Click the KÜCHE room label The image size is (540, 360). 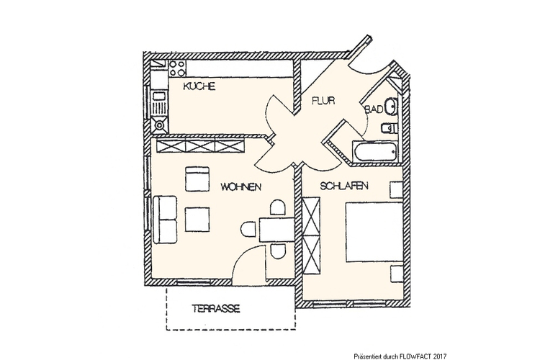point(199,86)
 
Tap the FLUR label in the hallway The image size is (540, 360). point(323,101)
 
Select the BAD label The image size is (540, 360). point(374,109)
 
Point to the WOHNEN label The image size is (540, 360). point(240,186)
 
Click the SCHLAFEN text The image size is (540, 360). point(344,186)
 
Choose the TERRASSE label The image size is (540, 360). point(216,308)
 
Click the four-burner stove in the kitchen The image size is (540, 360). point(177,68)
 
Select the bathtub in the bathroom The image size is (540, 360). point(375,151)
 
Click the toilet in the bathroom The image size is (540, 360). point(389,128)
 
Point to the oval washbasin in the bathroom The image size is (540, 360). point(392,107)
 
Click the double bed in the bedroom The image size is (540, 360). point(374,232)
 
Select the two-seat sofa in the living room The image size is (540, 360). point(165,220)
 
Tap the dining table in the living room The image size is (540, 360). point(276,230)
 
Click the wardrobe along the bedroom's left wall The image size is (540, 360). point(311,235)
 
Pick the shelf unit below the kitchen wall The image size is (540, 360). point(200,145)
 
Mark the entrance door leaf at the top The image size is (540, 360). point(359,46)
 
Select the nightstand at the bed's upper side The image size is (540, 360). point(397,189)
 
